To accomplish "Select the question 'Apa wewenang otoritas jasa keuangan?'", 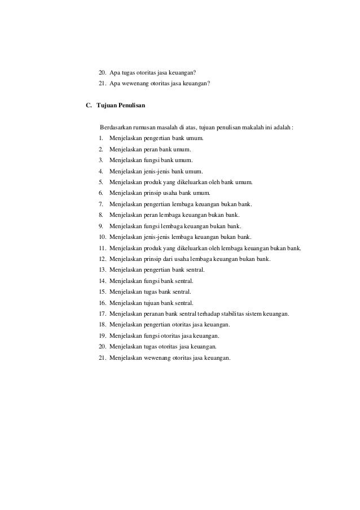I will pyautogui.click(x=160, y=84).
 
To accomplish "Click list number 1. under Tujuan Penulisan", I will pyautogui.click(x=100, y=138).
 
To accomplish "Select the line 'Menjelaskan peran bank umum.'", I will pyautogui.click(x=150, y=150).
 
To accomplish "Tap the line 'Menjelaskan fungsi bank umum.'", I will pyautogui.click(x=151, y=160).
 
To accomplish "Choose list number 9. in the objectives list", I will pyautogui.click(x=100, y=225).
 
